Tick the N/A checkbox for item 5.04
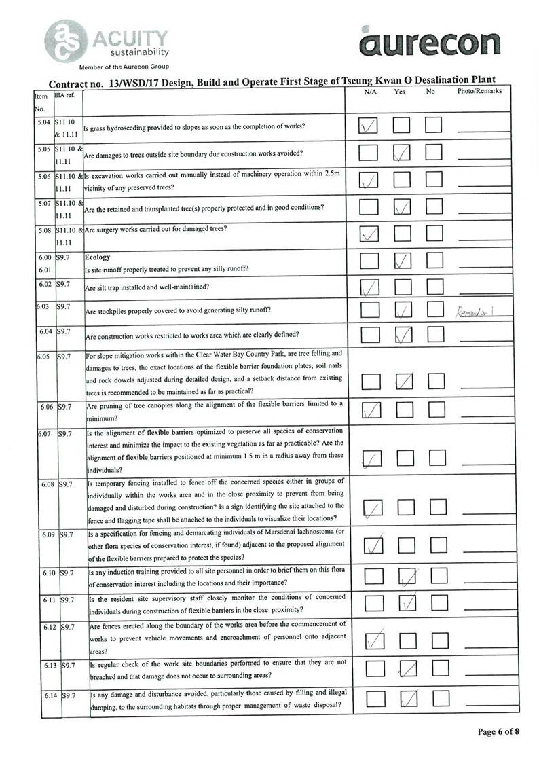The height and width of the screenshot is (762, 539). [369, 126]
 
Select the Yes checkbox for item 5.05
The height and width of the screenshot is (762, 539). [401, 153]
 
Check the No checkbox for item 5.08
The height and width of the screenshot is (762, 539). [433, 234]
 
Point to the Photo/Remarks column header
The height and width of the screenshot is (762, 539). [479, 92]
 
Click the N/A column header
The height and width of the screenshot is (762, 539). [370, 92]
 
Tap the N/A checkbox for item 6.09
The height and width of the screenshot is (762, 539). [373, 545]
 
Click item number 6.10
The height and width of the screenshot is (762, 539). [47, 573]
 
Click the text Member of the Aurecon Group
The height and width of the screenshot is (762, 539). [124, 67]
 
